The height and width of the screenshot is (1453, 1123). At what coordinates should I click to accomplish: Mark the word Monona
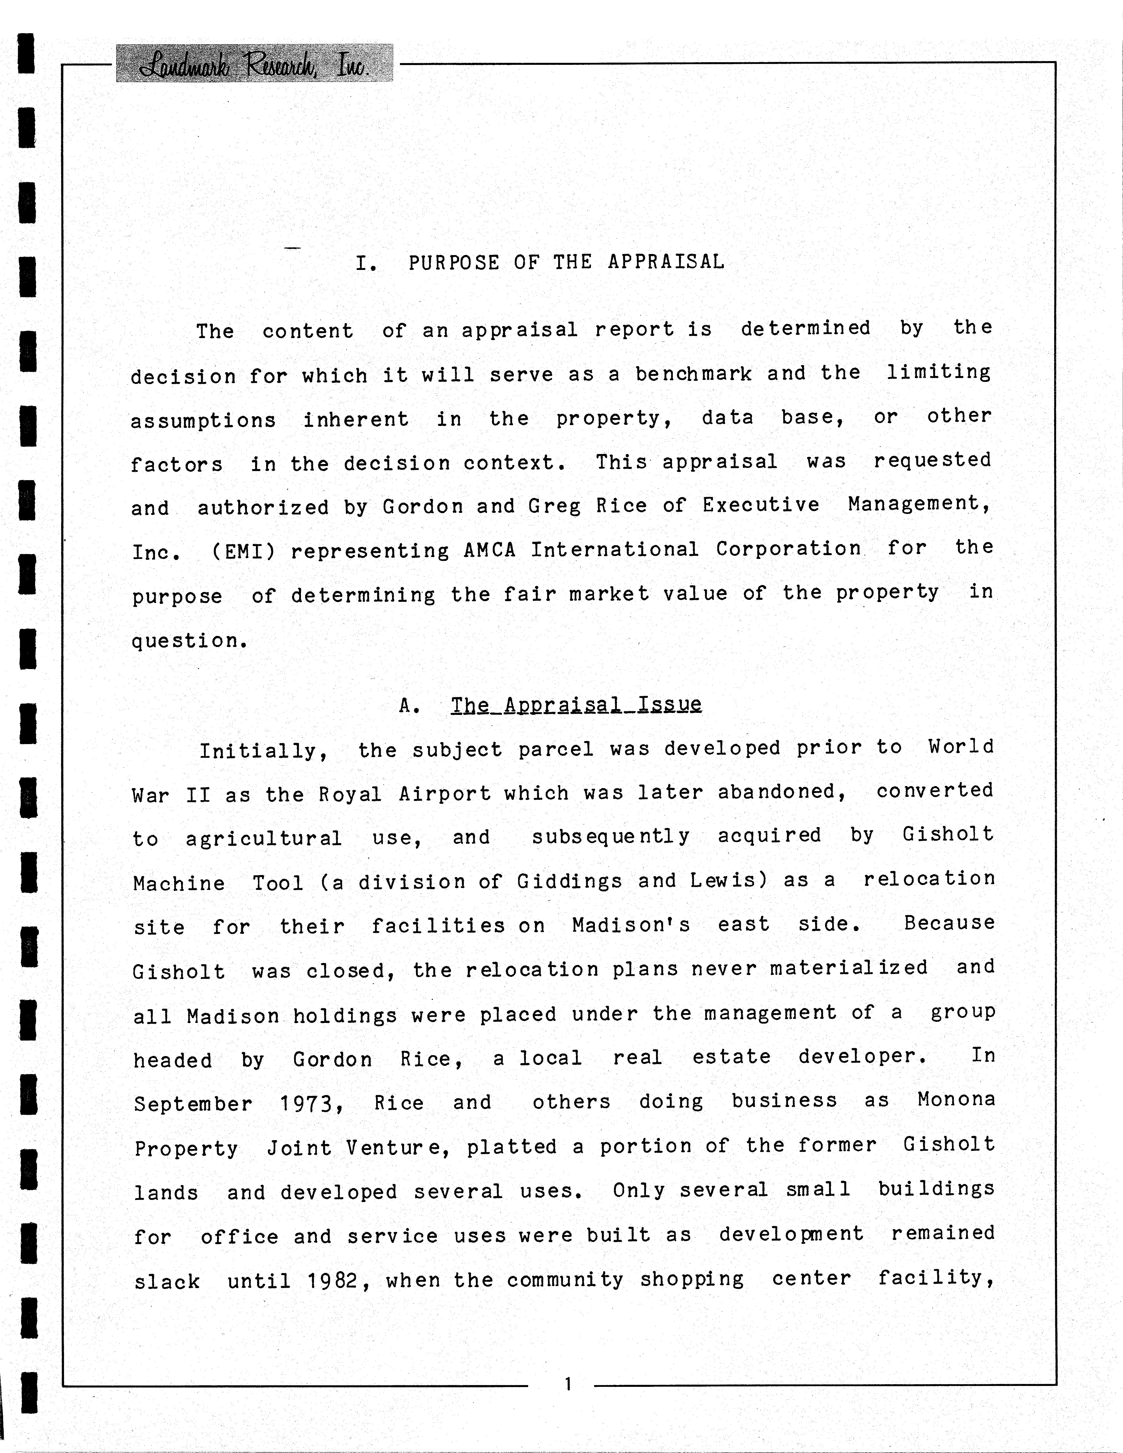point(956,1099)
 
